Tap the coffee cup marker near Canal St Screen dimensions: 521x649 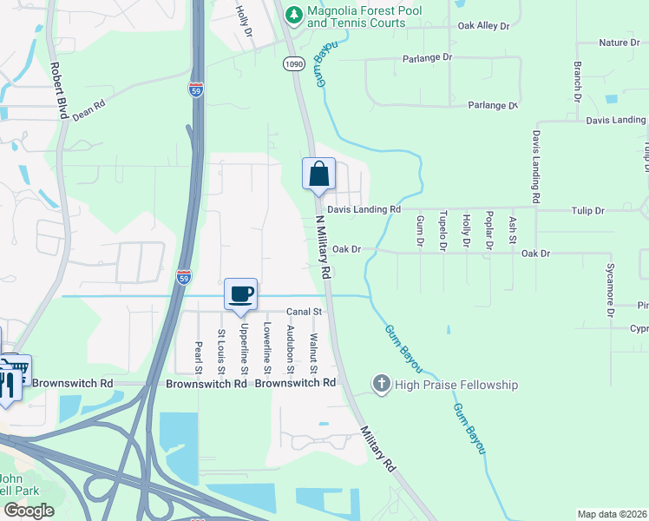pyautogui.click(x=241, y=293)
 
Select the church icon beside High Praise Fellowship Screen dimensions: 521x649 pyautogui.click(x=381, y=384)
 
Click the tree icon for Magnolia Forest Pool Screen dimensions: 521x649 pyautogui.click(x=294, y=13)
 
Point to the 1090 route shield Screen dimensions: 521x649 pyautogui.click(x=292, y=63)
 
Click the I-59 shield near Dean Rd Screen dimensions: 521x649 pyautogui.click(x=196, y=89)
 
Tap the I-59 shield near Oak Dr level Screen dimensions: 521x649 pyautogui.click(x=183, y=277)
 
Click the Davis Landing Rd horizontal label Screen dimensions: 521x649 pyautogui.click(x=364, y=209)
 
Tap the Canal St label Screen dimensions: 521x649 pyautogui.click(x=305, y=311)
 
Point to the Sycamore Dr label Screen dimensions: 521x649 pyautogui.click(x=611, y=284)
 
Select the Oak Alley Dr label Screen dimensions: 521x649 pyautogui.click(x=483, y=26)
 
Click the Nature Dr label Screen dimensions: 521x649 pyautogui.click(x=619, y=42)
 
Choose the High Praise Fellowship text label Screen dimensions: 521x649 pyautogui.click(x=456, y=384)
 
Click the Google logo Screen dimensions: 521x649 pyautogui.click(x=29, y=511)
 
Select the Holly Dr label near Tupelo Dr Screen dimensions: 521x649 pyautogui.click(x=466, y=232)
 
